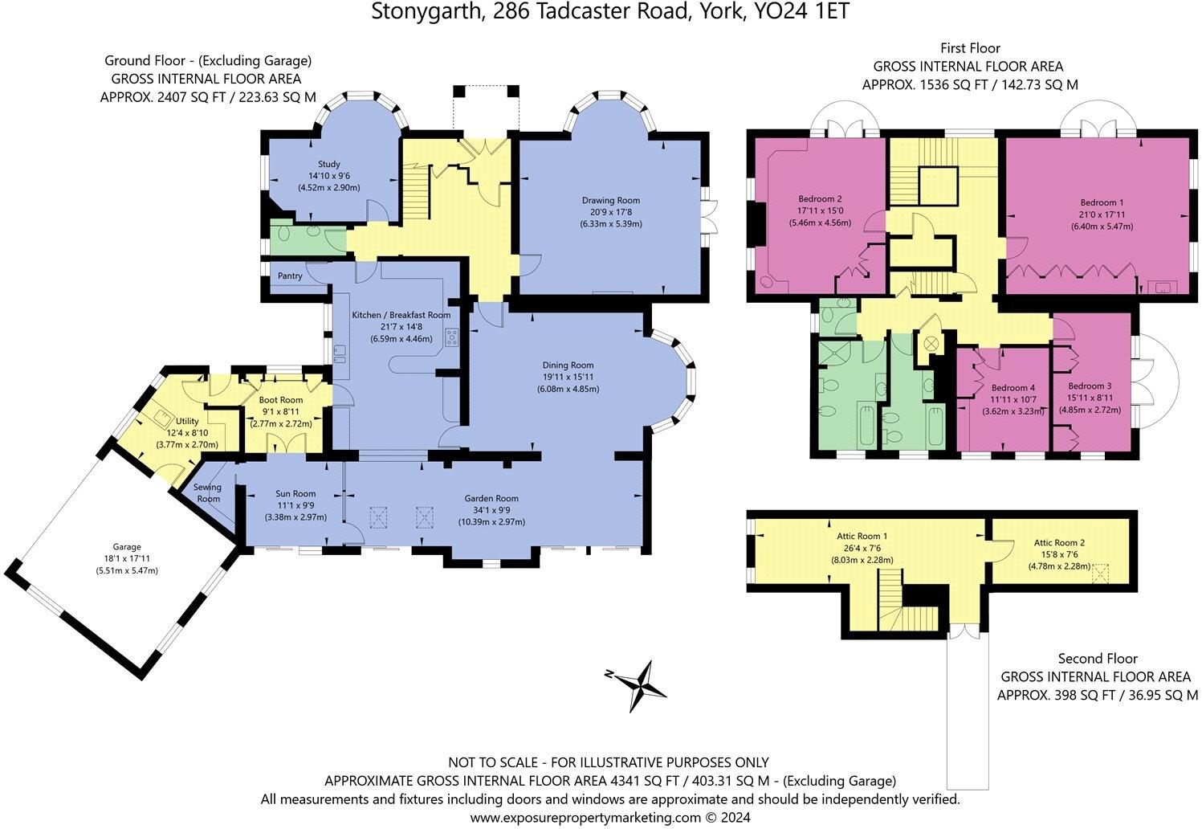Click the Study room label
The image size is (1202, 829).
tap(329, 164)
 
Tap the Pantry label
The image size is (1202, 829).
tap(290, 276)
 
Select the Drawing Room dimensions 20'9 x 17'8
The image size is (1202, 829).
tap(611, 212)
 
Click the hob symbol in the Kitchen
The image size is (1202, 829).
tap(452, 337)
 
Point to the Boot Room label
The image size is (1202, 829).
tap(281, 400)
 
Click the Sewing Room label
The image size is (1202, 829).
tap(207, 492)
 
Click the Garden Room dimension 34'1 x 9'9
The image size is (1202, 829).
tap(492, 510)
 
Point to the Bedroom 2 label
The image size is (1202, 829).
tap(820, 198)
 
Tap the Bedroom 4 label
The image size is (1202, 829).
tap(1012, 387)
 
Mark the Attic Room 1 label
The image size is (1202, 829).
tap(862, 535)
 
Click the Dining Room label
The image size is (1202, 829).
tap(566, 365)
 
